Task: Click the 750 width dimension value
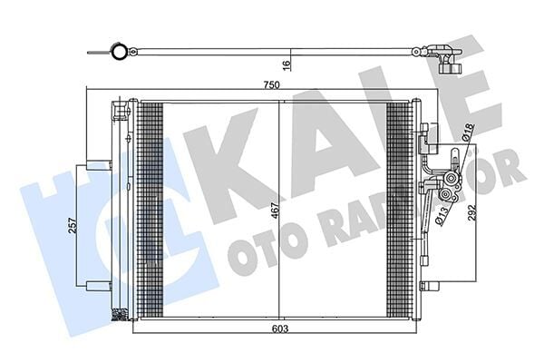[x=271, y=84]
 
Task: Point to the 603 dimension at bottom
[x=280, y=329]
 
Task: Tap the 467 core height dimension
[x=275, y=211]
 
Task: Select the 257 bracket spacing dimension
[x=73, y=226]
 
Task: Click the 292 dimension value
[x=471, y=212]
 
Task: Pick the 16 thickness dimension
[x=286, y=65]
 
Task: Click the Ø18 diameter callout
[x=468, y=132]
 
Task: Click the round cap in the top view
[x=119, y=52]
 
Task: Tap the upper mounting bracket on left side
[x=99, y=165]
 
